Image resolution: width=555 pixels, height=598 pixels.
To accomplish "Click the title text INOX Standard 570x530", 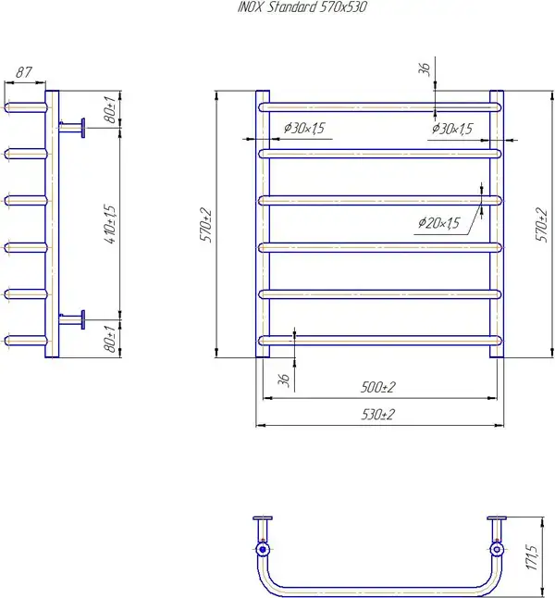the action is (302, 7).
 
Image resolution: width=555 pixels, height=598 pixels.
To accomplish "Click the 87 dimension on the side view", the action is (24, 72).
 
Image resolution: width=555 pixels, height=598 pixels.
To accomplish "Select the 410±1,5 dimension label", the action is (109, 225).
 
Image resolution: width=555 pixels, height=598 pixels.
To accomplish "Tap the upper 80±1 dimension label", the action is (110, 110).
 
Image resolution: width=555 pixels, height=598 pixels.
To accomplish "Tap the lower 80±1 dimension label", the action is (110, 339).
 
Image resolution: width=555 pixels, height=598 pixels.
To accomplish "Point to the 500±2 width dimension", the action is (377, 387).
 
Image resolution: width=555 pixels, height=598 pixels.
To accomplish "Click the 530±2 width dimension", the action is (377, 414).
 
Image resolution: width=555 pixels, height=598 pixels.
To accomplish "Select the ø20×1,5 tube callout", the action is (438, 223).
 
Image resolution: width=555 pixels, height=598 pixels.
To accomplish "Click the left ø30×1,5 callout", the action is (303, 128).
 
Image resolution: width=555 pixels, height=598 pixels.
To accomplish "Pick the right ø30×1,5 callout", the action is (452, 129).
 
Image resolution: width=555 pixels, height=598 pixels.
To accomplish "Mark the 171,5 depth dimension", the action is (532, 557).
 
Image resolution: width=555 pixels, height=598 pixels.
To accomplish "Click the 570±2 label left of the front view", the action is (206, 225).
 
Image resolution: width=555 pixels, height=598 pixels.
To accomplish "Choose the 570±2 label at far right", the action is (541, 225).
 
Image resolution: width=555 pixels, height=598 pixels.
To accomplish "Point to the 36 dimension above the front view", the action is (425, 69).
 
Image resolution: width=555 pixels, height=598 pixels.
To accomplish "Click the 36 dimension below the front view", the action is (284, 380).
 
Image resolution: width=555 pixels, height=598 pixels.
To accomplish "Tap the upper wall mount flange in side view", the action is (82, 128).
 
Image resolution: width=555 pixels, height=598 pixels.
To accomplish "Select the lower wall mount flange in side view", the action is (82, 319).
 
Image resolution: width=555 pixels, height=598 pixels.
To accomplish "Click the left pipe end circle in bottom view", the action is (263, 550).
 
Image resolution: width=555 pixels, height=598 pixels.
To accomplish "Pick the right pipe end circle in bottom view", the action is (497, 550).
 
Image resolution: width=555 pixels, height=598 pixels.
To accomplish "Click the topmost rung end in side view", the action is (7, 107).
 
